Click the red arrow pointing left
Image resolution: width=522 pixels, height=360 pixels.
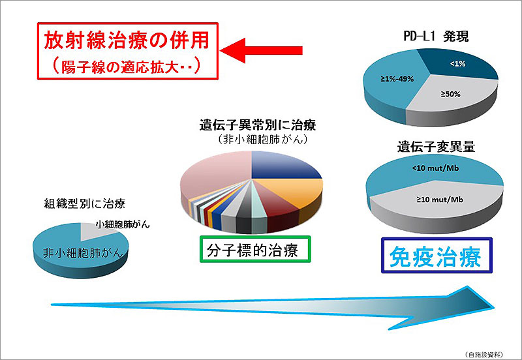261,49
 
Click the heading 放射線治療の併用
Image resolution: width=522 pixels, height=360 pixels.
127,40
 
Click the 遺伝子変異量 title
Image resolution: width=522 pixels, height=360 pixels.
434,147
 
